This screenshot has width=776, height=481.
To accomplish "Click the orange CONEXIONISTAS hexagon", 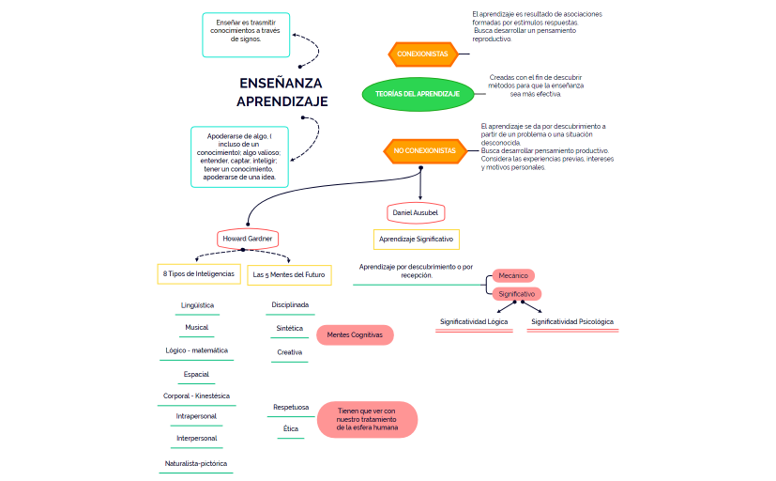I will pyautogui.click(x=422, y=54).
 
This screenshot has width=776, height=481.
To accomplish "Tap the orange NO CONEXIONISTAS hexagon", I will pyautogui.click(x=423, y=150).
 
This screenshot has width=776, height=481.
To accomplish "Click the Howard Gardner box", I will pyautogui.click(x=249, y=239).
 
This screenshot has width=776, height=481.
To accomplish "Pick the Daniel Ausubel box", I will pyautogui.click(x=415, y=213).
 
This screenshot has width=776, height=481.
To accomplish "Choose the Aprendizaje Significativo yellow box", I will pyautogui.click(x=416, y=240).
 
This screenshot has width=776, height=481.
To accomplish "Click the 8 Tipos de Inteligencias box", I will pyautogui.click(x=198, y=275).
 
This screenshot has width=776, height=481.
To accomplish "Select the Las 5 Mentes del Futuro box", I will pyautogui.click(x=289, y=275).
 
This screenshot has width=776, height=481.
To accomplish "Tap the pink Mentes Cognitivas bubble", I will pyautogui.click(x=355, y=334).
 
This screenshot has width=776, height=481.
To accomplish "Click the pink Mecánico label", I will pyautogui.click(x=513, y=276).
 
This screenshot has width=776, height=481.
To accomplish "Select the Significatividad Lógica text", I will pyautogui.click(x=474, y=321).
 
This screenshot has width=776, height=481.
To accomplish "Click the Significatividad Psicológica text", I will pyautogui.click(x=571, y=321).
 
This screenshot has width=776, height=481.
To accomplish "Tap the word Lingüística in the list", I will pyautogui.click(x=197, y=305).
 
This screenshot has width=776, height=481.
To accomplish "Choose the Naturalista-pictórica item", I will pyautogui.click(x=196, y=463).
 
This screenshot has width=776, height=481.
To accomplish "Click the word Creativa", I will pyautogui.click(x=290, y=352).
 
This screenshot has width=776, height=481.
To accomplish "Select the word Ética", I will pyautogui.click(x=291, y=428).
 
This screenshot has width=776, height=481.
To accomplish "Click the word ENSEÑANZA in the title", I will pyautogui.click(x=281, y=83).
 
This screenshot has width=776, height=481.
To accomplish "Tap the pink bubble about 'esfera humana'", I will pyautogui.click(x=366, y=419).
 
